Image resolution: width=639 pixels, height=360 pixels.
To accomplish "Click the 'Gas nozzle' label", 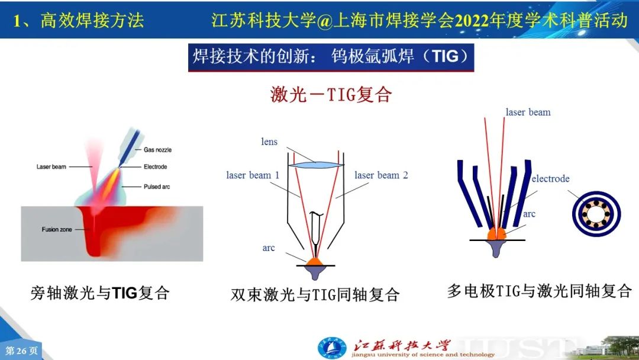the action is [x=157, y=150].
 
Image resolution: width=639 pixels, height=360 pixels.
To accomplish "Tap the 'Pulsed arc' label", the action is [x=156, y=187].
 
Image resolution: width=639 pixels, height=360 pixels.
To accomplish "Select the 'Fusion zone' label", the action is [x=57, y=230].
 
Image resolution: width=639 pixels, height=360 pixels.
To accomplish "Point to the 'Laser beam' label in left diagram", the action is [x=51, y=167].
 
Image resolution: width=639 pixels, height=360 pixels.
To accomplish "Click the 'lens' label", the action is [x=269, y=142].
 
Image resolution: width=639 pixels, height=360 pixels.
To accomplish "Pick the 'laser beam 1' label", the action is [x=253, y=175].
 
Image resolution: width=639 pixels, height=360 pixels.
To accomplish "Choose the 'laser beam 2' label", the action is [x=381, y=175].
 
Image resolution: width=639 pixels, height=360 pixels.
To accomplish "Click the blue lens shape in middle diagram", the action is [x=316, y=165].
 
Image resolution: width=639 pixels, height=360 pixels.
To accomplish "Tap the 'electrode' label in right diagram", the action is [x=551, y=179].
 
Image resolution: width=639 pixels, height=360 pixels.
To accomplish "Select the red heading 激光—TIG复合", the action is [x=331, y=95].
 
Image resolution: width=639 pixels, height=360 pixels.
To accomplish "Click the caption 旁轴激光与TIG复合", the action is [x=100, y=293].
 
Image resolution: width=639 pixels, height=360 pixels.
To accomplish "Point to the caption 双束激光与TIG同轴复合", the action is [x=315, y=294].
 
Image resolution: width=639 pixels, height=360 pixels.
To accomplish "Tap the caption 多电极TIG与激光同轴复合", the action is [x=540, y=291].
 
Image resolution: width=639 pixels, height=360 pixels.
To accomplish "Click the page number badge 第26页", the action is [x=21, y=351].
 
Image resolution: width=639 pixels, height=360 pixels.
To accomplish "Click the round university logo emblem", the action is [x=332, y=349].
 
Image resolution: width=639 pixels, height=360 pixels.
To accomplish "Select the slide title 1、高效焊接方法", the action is [x=78, y=20].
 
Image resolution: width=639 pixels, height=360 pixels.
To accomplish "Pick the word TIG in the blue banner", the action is [x=446, y=56].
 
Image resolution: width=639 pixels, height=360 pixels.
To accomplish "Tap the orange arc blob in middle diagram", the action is [x=315, y=262].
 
